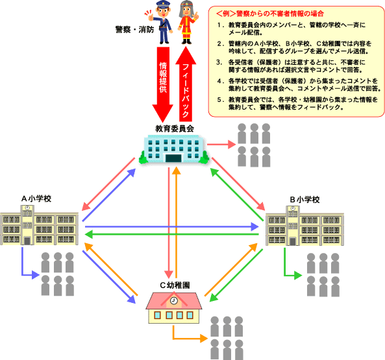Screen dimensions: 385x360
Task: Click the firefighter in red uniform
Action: click(x=188, y=23)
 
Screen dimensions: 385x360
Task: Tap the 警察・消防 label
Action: click(x=134, y=30)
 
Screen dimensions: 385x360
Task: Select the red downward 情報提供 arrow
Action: click(x=163, y=84)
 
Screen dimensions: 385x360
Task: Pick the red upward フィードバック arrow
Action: click(x=186, y=84)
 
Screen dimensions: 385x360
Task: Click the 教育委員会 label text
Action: click(x=175, y=128)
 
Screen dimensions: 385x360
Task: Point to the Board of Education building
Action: click(x=174, y=149)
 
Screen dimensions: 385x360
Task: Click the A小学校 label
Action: click(x=36, y=198)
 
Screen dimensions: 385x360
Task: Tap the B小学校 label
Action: click(x=304, y=200)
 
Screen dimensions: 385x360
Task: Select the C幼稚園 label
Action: click(x=175, y=285)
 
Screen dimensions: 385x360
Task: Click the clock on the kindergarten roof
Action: click(x=174, y=300)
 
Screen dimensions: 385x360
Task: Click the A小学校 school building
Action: click(x=40, y=225)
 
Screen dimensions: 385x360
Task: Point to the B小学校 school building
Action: click(x=304, y=226)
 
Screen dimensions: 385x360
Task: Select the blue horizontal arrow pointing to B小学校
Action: click(x=171, y=226)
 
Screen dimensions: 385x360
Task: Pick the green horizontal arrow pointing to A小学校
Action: click(x=171, y=234)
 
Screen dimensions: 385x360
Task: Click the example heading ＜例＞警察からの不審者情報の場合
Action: click(x=270, y=14)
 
